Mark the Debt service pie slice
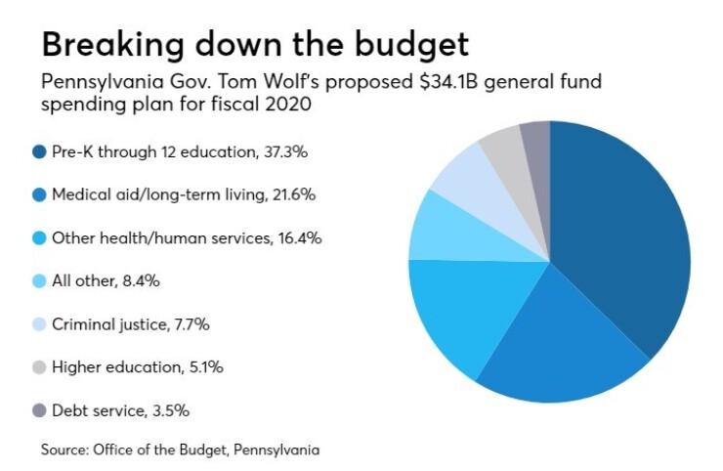(x=535, y=142)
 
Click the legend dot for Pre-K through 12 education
(x=39, y=151)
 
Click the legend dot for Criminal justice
(x=39, y=323)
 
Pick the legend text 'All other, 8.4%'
(x=106, y=280)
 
